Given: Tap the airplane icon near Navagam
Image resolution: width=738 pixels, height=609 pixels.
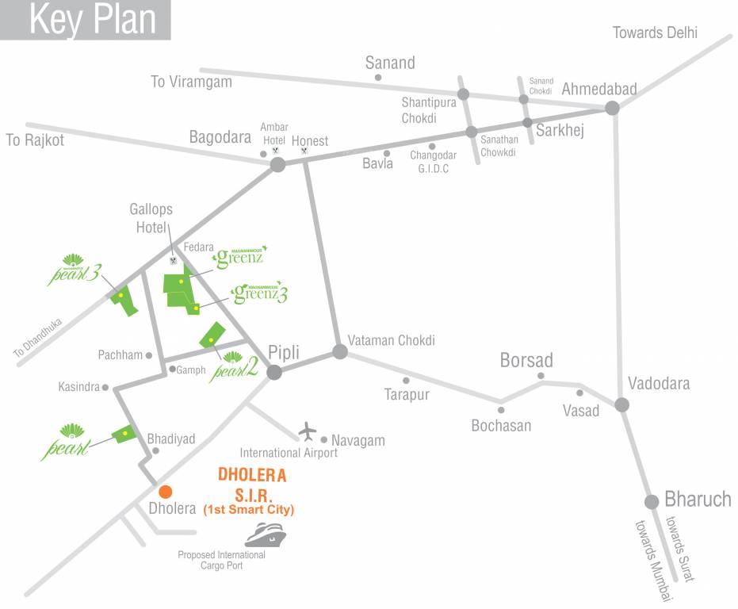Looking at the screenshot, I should [308, 432].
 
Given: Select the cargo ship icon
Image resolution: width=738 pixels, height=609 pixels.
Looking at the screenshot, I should [266, 535].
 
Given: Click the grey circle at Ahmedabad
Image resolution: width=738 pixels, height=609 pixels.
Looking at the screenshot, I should [612, 109].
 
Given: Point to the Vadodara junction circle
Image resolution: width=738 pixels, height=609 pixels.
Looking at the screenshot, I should [622, 404].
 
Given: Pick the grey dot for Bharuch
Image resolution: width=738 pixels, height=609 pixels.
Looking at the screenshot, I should [652, 501].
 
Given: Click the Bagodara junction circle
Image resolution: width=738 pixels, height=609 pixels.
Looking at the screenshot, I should [277, 164].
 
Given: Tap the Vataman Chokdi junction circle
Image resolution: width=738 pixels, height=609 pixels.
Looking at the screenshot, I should [340, 351].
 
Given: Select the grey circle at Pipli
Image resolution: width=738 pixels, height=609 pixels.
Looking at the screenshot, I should [275, 372].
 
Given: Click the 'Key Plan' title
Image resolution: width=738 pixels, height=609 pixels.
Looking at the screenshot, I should [93, 20].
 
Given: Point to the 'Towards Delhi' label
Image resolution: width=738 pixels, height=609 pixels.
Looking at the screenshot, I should [655, 33].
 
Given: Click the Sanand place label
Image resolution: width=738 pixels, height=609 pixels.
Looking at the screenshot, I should [389, 63].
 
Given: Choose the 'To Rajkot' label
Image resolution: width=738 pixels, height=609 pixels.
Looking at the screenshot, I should [35, 140].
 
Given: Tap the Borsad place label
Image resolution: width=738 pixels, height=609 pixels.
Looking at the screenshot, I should [526, 361].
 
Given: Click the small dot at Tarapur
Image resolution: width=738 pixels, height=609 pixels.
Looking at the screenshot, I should [406, 380].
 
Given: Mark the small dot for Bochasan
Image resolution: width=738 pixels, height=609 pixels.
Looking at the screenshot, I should [501, 410].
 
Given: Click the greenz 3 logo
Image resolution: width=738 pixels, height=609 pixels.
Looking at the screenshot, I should [259, 293].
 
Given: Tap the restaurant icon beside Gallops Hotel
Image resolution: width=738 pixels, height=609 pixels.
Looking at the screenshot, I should [174, 259].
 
